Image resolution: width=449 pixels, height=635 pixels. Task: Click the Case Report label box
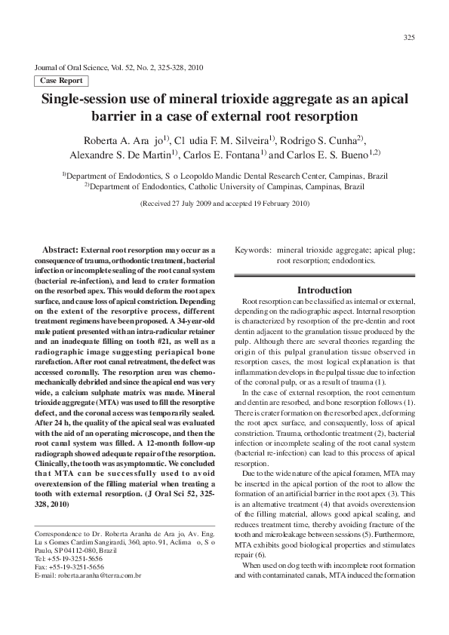[x=62, y=79]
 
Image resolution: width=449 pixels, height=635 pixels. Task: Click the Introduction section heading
[x=324, y=290]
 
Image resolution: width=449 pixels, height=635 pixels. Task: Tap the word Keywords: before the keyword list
[x=254, y=249]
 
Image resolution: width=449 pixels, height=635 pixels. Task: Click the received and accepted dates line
[x=224, y=204]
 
